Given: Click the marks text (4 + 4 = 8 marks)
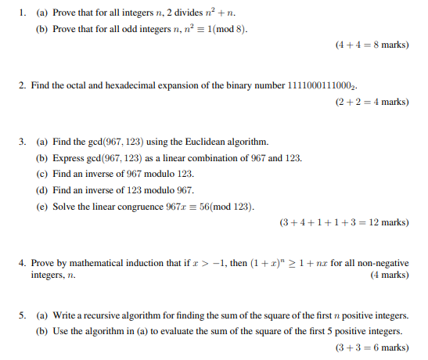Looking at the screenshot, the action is pyautogui.click(x=372, y=45).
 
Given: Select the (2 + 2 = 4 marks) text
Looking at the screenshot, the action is pyautogui.click(x=372, y=102).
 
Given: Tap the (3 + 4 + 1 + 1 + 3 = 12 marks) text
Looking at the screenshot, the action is pyautogui.click(x=344, y=222).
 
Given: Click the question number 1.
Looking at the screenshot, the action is pyautogui.click(x=23, y=13).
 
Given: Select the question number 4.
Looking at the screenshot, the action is pyautogui.click(x=23, y=263).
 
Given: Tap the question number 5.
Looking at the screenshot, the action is pyautogui.click(x=23, y=315).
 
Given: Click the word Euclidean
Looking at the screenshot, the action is pyautogui.click(x=200, y=142).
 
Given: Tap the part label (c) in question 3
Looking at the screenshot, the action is pyautogui.click(x=42, y=174).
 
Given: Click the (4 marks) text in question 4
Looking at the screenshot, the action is pyautogui.click(x=388, y=275).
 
